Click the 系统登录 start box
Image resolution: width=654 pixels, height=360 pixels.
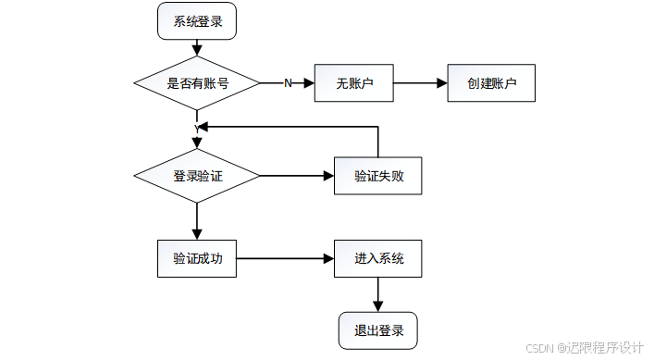(197, 21)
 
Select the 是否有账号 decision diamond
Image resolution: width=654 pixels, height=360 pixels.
(197, 83)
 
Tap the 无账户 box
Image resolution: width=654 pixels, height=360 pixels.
(354, 83)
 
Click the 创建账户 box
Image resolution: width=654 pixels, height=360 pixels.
(491, 83)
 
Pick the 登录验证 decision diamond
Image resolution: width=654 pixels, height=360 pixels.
(197, 176)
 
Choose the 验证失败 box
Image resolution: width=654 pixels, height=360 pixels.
(377, 176)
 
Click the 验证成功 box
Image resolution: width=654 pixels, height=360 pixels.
(197, 258)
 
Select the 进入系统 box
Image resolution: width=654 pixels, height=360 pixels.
(377, 258)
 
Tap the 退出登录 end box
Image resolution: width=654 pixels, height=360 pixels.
(377, 329)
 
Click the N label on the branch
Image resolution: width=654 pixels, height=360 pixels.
(287, 83)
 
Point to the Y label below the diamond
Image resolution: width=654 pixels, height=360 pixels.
(197, 127)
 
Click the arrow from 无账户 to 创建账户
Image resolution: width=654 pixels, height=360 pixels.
(421, 83)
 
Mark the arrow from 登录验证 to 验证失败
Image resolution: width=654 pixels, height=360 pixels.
(296, 176)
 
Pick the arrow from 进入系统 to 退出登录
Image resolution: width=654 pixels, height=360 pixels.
(377, 294)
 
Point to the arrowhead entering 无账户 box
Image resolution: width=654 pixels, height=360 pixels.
(310, 83)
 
